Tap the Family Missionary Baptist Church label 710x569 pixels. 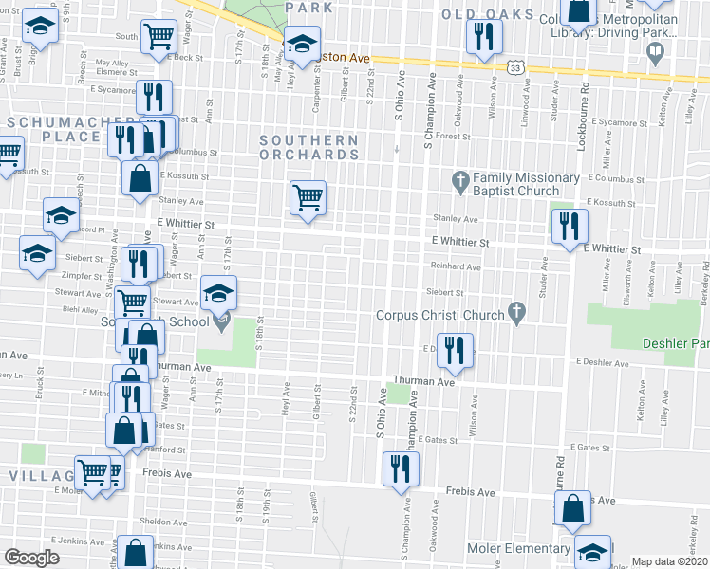(527, 184)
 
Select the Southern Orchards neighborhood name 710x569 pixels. (309, 147)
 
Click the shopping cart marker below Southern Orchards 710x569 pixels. (308, 198)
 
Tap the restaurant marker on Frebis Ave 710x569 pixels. (401, 468)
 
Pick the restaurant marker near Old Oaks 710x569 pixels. (485, 37)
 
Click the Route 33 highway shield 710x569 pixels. (514, 68)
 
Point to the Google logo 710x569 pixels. (31, 558)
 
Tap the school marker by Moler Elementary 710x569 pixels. (593, 551)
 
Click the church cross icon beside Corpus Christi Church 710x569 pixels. (516, 311)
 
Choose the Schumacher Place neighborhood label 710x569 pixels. (52, 129)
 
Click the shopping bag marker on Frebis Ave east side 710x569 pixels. (573, 508)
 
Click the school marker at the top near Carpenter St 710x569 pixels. (303, 44)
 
